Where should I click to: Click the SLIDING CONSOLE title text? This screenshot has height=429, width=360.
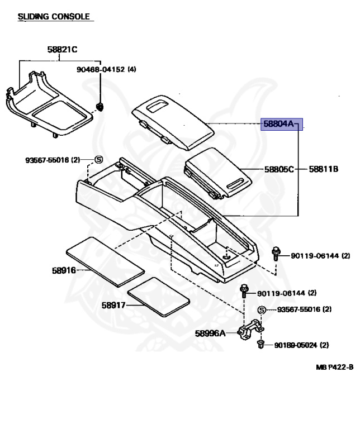tap(54, 17)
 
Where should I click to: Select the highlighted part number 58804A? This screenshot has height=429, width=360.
tap(278, 124)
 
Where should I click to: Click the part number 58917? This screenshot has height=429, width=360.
tap(113, 305)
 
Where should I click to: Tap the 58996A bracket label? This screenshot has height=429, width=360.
tap(210, 333)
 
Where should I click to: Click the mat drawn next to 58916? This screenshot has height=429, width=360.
tap(105, 261)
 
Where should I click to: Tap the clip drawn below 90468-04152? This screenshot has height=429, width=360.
tap(100, 106)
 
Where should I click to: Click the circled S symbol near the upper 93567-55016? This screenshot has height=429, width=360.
tap(97, 160)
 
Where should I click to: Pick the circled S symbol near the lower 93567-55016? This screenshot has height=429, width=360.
tap(260, 310)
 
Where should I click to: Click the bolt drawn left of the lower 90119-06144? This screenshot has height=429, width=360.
tap(245, 292)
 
